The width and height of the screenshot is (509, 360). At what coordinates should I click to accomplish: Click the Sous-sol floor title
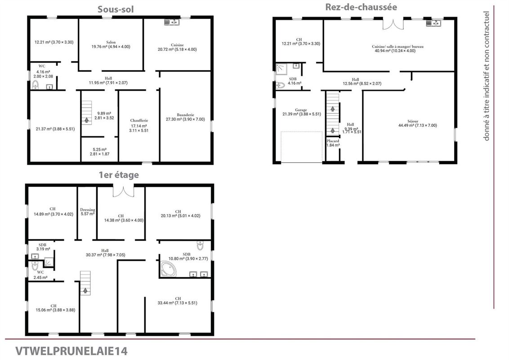(116, 9)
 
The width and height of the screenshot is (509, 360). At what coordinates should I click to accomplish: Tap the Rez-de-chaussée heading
(361, 7)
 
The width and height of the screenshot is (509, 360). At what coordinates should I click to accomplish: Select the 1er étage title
(119, 175)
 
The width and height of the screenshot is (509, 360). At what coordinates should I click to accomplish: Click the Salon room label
(111, 42)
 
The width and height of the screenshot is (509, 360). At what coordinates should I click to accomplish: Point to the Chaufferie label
(139, 121)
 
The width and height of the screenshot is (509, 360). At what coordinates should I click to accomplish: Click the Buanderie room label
(185, 115)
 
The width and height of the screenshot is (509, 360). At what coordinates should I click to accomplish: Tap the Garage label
(301, 110)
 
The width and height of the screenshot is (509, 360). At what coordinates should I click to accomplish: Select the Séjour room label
(413, 121)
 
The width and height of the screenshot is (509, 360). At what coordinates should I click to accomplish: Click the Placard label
(333, 141)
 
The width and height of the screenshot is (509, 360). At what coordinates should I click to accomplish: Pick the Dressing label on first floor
(88, 210)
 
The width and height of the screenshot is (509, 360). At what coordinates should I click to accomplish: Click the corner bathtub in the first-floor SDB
(169, 269)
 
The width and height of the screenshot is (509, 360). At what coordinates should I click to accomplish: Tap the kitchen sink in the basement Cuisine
(172, 22)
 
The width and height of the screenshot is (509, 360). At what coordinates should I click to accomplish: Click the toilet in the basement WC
(35, 85)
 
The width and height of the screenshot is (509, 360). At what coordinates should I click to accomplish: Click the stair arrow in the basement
(86, 120)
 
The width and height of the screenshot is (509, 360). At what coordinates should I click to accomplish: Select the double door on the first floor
(123, 191)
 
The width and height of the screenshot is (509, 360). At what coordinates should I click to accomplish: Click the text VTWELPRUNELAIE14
(71, 351)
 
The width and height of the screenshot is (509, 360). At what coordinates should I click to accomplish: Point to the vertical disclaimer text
(486, 76)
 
